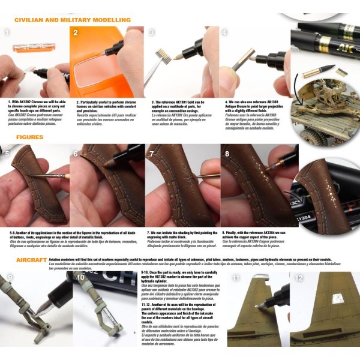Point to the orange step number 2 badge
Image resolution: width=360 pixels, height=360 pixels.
click(76, 32)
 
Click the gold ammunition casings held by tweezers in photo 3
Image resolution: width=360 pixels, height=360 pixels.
click(161, 56)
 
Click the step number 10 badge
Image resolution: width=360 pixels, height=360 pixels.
click(80, 278)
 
